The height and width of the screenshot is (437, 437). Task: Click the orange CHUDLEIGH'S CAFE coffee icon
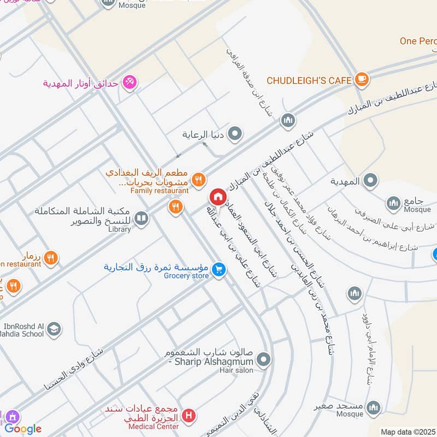pyautogui.click(x=362, y=80)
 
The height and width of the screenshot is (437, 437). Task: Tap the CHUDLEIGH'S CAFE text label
pyautogui.click(x=309, y=80)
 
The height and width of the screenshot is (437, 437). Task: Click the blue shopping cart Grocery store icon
pyautogui.click(x=218, y=269)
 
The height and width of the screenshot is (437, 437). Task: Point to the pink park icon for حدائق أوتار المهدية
pyautogui.click(x=130, y=82)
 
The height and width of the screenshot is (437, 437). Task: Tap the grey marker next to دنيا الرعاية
pyautogui.click(x=235, y=133)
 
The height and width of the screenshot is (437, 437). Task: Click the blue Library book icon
pyautogui.click(x=141, y=218)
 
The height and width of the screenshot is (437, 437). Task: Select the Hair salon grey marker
pyautogui.click(x=264, y=359)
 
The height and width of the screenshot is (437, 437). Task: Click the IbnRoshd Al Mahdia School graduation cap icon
pyautogui.click(x=54, y=329)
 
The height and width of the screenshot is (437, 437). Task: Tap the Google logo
pyautogui.click(x=23, y=429)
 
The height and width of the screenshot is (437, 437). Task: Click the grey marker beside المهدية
pyautogui.click(x=370, y=180)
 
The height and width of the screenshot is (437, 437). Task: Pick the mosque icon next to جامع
pyautogui.click(x=394, y=204)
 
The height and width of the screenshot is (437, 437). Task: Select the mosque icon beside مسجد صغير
pyautogui.click(x=374, y=408)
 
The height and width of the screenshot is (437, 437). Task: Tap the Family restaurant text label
pyautogui.click(x=159, y=191)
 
